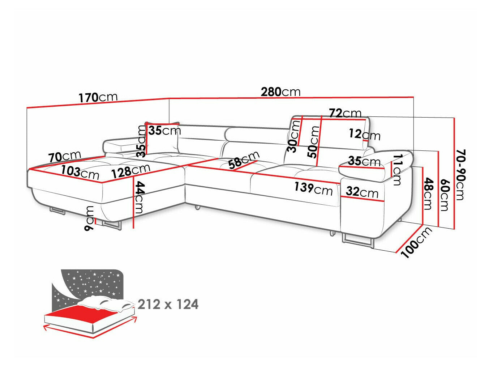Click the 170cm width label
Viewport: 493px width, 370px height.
point(98,97)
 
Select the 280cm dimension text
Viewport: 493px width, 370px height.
point(280,92)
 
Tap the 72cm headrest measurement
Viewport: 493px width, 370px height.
point(345,113)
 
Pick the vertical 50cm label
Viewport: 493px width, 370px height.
point(313,141)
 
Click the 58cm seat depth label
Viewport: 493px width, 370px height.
point(244,160)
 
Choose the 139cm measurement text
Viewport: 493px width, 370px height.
point(313,188)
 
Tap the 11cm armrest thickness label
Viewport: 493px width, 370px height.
point(396,169)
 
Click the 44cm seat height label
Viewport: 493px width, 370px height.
point(139,197)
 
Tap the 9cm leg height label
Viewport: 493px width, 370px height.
point(89,218)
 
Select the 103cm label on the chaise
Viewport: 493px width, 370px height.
point(80,172)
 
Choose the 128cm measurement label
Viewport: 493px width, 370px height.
point(130,170)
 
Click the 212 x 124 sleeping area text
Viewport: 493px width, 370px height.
point(168,304)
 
